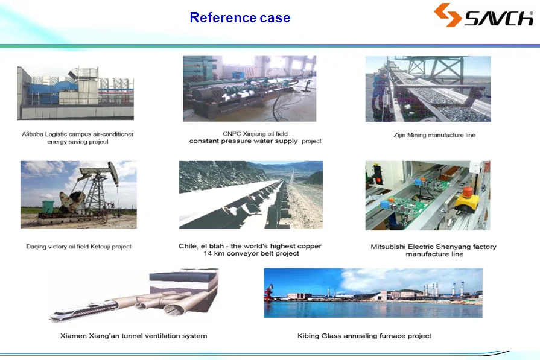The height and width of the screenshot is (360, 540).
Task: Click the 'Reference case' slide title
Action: [x=240, y=17]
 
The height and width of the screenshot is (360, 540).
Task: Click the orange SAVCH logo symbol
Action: [x=447, y=15]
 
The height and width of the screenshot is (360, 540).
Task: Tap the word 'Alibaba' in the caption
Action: [x=33, y=134]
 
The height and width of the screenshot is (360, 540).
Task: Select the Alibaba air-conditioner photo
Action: [x=76, y=93]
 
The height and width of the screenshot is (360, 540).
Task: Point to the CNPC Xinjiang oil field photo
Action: [x=250, y=89]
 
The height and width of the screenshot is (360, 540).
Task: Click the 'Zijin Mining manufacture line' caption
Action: [x=434, y=135]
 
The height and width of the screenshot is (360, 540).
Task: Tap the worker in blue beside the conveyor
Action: [x=379, y=90]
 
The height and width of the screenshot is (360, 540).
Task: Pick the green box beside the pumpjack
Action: [x=48, y=207]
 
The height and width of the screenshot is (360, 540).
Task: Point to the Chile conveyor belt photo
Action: [x=251, y=195]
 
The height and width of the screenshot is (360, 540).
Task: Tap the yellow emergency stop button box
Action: [x=467, y=200]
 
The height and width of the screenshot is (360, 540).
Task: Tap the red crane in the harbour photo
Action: [x=268, y=292]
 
